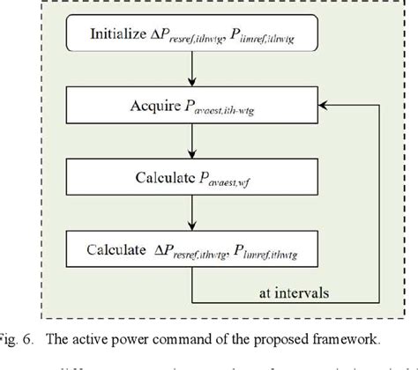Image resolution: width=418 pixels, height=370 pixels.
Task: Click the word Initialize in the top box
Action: [x=120, y=35]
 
